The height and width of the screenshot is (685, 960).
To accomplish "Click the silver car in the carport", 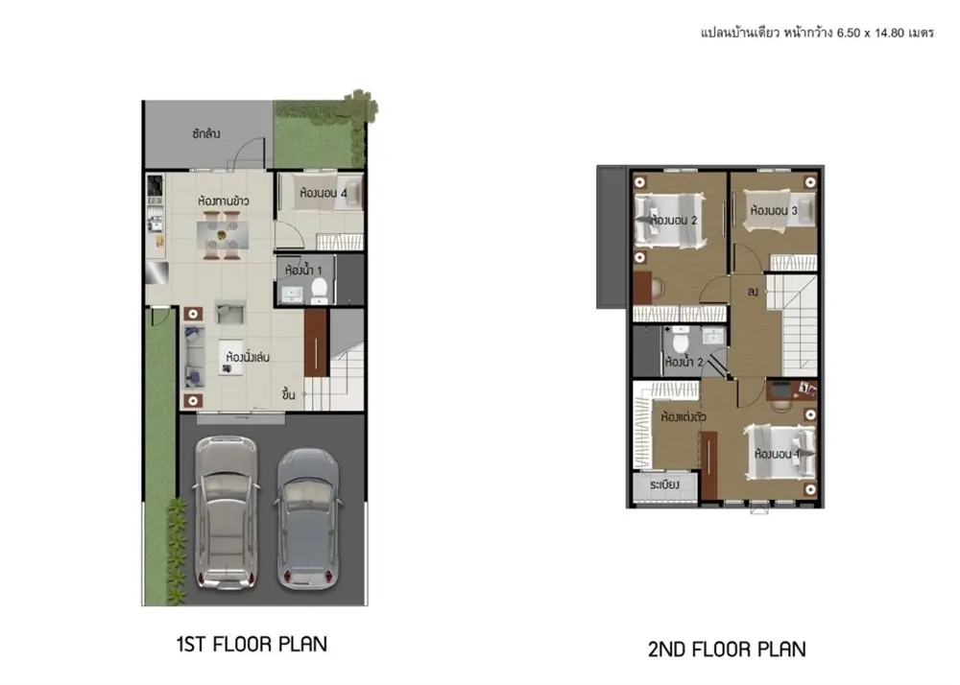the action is point(226,512).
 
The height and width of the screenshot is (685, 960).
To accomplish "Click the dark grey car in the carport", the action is point(308,519).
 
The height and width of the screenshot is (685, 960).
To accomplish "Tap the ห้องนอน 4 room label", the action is point(324,193).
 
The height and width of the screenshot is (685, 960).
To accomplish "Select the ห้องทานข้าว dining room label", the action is point(224,201).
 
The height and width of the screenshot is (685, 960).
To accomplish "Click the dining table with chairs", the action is point(223,235).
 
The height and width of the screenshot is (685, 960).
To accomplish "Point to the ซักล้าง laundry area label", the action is point(205,133).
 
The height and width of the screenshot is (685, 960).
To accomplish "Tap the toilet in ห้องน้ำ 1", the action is point(319,290).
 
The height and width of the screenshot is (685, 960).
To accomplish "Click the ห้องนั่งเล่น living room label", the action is point(248,357).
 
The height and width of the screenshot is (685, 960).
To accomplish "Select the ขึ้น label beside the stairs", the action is point(289,394).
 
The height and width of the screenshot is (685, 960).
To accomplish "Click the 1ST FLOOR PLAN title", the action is point(252,644).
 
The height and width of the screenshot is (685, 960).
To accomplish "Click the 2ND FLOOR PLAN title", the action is point(727,649).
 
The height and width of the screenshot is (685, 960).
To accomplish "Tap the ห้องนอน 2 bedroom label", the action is point(674,221).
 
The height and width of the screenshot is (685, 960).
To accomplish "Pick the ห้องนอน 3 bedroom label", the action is point(774,211).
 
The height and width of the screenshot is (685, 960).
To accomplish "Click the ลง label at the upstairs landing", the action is point(753,292).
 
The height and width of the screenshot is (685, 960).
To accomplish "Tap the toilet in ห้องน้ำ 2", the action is point(681,340).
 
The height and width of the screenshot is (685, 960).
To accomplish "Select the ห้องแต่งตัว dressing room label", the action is point(684,417).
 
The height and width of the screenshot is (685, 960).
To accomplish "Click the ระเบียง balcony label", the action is point(664,485).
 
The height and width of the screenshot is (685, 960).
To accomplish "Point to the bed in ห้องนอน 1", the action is point(780,453).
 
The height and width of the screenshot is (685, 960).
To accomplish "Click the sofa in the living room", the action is point(194,357).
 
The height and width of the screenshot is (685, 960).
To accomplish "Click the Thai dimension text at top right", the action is point(817,33).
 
